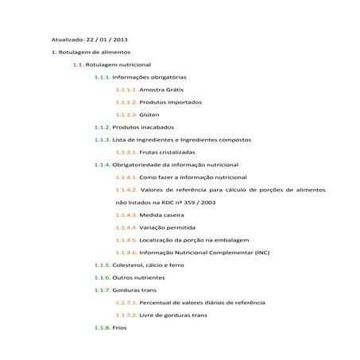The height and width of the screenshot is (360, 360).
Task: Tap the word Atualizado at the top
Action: pos(67,38)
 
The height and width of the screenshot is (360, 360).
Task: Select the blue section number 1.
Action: pos(53,51)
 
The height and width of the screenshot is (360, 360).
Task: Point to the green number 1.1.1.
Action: pos(102,76)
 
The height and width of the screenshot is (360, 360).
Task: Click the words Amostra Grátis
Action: pos(161,89)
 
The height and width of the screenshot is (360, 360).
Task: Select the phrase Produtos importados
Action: pos(170,102)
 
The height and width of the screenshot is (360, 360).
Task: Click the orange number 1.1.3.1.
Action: pos(126,152)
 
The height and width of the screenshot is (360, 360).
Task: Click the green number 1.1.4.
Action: pos(102,165)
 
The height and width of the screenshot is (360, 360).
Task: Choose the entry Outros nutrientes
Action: pos(138,277)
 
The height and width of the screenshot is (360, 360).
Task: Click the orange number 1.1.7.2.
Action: pos(126,315)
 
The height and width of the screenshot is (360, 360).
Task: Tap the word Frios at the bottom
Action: pos(119,327)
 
